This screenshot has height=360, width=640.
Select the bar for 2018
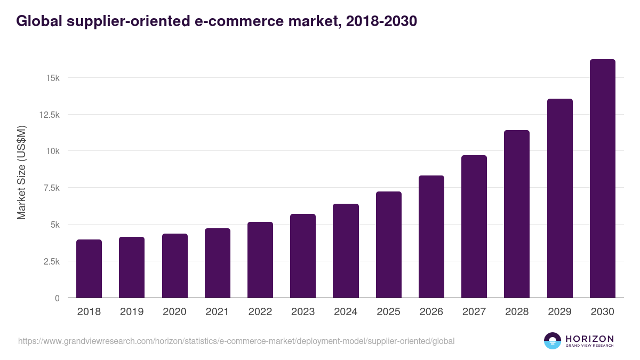click(89, 269)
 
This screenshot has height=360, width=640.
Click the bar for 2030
click(602, 179)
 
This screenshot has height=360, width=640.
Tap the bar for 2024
click(346, 251)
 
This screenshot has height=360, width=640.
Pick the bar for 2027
click(474, 227)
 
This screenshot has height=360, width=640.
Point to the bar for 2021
click(218, 263)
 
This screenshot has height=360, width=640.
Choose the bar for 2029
click(559, 198)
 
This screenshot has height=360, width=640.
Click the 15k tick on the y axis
click(53, 78)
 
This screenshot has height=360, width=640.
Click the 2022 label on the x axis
click(260, 312)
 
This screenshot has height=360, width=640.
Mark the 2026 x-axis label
click(431, 312)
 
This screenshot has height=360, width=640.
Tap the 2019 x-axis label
click(131, 312)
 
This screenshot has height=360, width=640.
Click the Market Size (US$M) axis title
click(21, 172)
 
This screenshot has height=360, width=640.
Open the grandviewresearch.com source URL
click(236, 341)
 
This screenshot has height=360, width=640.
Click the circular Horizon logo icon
click(553, 341)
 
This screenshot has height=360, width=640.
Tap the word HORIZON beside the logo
click(589, 338)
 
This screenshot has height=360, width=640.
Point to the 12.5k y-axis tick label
click(48, 115)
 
